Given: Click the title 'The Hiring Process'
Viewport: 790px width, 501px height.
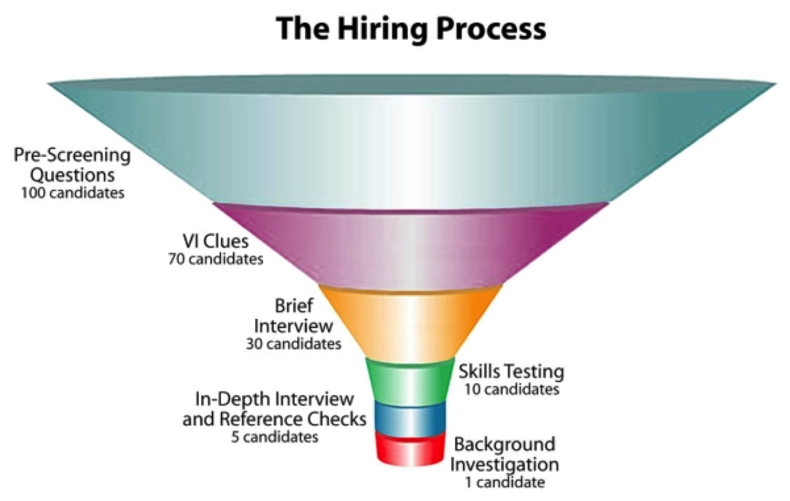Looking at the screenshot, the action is [x=411, y=29].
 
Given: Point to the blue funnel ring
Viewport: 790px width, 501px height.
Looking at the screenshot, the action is [x=410, y=418].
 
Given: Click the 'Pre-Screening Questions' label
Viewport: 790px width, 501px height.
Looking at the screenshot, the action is [x=72, y=165].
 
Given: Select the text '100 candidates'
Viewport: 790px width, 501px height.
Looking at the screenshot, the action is [x=72, y=193].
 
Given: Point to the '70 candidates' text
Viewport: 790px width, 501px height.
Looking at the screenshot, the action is [x=215, y=259].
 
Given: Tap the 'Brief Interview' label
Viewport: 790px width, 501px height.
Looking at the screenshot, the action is [x=294, y=314].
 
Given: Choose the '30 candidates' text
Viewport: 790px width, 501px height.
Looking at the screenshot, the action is [x=293, y=344].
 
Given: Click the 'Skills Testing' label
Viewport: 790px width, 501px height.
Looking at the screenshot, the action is [x=511, y=371].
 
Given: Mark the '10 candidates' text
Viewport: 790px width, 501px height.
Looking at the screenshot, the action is [x=511, y=390].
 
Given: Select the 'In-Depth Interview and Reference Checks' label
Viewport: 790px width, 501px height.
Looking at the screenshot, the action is [x=274, y=409].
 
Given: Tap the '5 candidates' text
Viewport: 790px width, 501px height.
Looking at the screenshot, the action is [x=275, y=437].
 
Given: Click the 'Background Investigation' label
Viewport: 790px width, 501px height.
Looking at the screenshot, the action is [x=504, y=454].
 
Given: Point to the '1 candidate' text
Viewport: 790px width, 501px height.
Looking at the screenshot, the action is [x=504, y=482].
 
